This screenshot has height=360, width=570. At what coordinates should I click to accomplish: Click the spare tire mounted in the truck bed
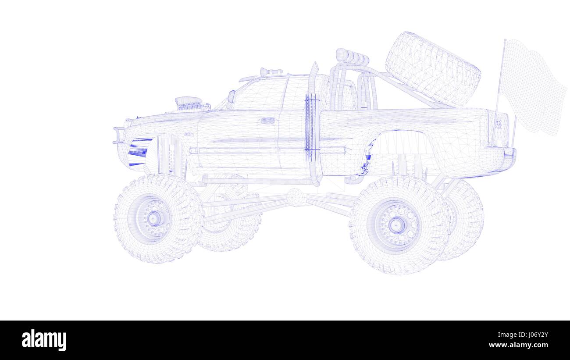click(x=433, y=69)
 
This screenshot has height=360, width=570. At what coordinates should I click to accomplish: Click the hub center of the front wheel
click(x=153, y=218)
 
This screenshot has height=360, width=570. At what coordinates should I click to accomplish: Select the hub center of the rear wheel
click(x=396, y=225)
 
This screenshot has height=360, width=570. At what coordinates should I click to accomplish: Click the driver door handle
click(x=267, y=121)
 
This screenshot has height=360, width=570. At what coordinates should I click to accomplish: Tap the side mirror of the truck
click(x=232, y=96)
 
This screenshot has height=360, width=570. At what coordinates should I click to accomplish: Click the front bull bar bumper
click(x=119, y=135)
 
